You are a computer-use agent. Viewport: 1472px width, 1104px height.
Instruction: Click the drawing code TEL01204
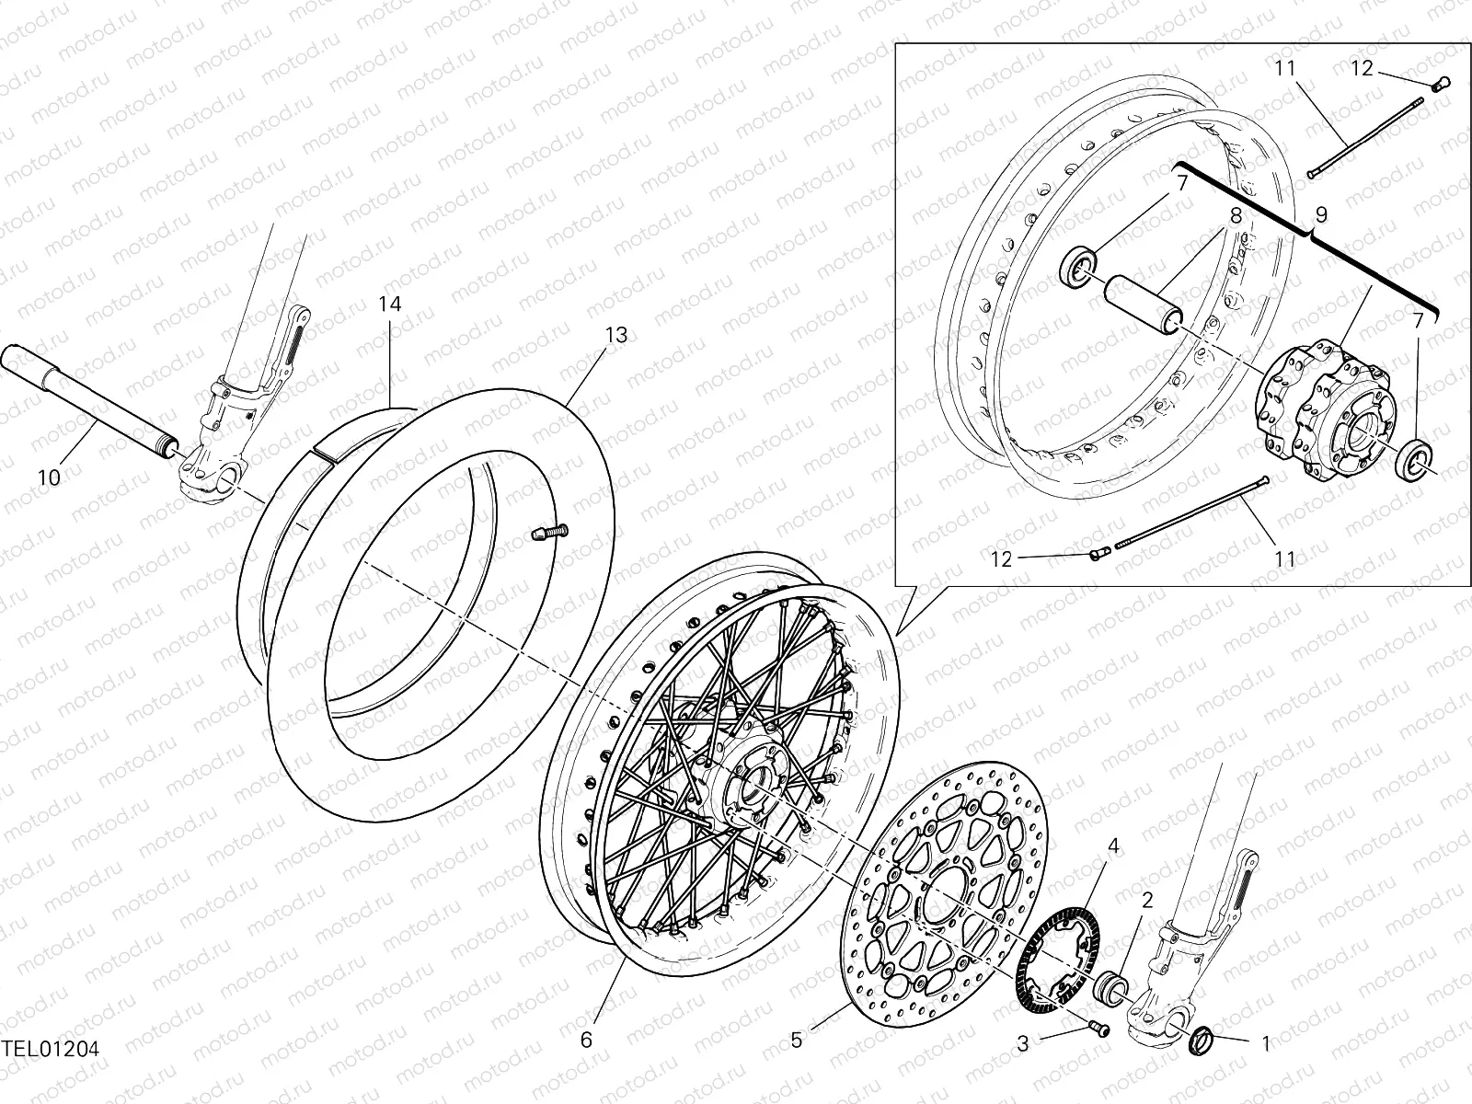51,1048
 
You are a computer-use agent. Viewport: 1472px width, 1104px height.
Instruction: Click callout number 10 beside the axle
50,477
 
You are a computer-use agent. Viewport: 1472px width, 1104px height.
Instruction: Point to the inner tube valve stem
552,531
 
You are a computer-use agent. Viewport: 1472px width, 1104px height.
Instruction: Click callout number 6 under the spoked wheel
586,1041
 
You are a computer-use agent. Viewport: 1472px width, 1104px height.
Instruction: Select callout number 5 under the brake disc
797,1041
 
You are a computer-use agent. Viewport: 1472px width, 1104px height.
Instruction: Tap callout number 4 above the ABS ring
1113,845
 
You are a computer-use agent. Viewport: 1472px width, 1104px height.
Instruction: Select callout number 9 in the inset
1321,216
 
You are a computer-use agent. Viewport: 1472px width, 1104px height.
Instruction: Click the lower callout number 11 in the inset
1285,559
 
